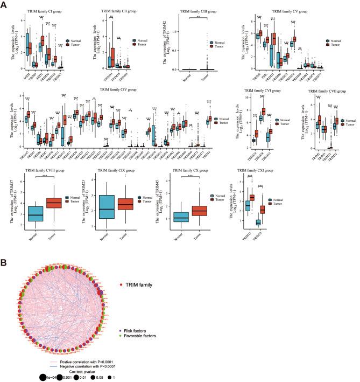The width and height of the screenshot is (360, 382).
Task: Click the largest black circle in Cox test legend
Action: tap(42, 375)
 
